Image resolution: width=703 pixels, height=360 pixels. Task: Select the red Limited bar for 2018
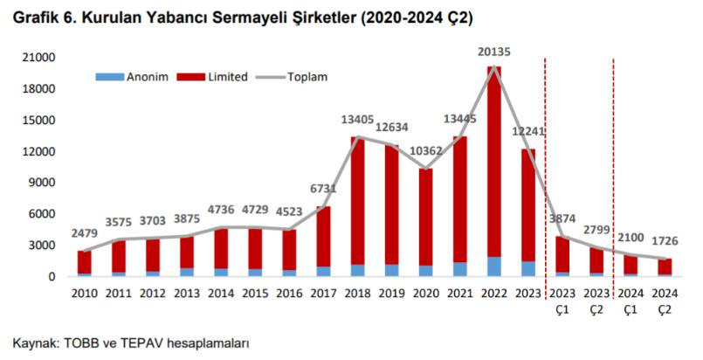click(x=357, y=201)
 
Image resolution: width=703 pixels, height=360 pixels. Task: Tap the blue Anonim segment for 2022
click(x=494, y=267)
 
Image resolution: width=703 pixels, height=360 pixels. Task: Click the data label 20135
click(x=494, y=52)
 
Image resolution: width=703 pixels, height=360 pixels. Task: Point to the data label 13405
click(x=356, y=120)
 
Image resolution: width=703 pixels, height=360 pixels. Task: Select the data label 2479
click(x=84, y=233)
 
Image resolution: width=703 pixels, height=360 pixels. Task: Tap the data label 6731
click(x=323, y=190)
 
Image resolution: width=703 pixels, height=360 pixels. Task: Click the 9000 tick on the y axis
click(x=46, y=183)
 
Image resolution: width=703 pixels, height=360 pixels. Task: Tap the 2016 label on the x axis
click(x=289, y=294)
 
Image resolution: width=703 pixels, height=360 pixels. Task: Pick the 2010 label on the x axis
click(x=84, y=294)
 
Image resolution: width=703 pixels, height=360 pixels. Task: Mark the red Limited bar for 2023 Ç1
click(x=562, y=254)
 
